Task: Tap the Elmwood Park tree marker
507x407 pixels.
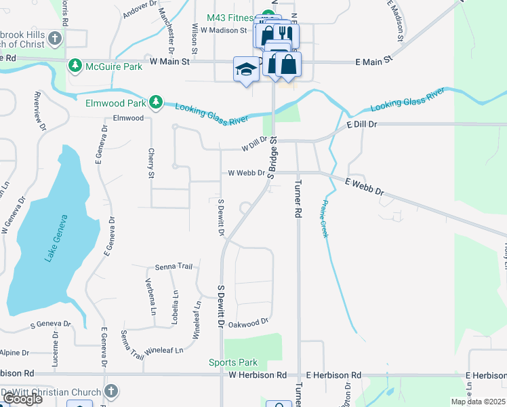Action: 157,102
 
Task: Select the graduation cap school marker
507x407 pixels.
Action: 246,69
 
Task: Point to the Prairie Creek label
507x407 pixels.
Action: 323,218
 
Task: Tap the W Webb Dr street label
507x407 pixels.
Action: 246,173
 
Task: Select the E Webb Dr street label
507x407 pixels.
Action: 365,187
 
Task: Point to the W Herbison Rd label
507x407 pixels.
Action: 258,375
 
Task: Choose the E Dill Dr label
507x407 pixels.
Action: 361,125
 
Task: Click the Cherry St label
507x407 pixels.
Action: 151,163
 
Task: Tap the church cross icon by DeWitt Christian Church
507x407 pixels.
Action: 112,391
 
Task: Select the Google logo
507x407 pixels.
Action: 22,399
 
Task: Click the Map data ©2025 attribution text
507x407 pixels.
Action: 479,402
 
